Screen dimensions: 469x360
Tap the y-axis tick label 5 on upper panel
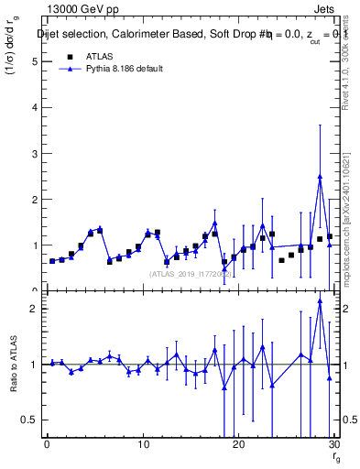(x=34, y=62)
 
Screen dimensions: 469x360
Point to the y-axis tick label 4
(x=34, y=108)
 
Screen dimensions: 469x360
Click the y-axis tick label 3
(x=34, y=154)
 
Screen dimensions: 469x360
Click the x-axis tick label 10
(x=142, y=445)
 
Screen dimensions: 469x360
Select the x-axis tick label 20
(x=238, y=445)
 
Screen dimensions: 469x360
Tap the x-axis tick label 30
(x=333, y=445)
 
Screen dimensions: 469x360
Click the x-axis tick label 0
(x=47, y=445)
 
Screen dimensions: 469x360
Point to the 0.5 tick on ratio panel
(x=30, y=420)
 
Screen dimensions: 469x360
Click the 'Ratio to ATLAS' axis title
(x=14, y=365)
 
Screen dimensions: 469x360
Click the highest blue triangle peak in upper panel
(x=320, y=176)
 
